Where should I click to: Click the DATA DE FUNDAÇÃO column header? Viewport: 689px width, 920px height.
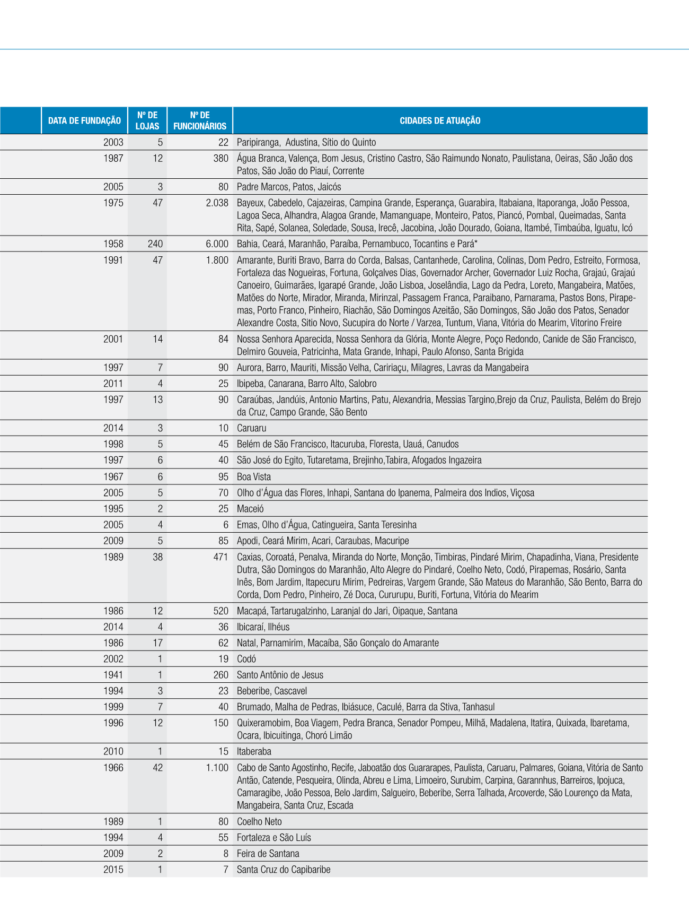pyautogui.click(x=84, y=121)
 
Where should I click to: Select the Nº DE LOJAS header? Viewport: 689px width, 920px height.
pyautogui.click(x=147, y=121)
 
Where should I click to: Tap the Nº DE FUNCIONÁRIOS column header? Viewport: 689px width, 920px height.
pyautogui.click(x=200, y=121)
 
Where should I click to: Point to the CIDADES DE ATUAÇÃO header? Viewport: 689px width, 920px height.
pyautogui.click(x=440, y=121)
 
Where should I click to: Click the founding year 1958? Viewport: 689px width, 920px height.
pyautogui.click(x=113, y=244)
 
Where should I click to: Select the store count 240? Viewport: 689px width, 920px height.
pyautogui.click(x=155, y=244)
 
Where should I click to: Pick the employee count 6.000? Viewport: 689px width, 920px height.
pyautogui.click(x=217, y=244)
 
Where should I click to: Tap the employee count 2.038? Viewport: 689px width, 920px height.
pyautogui.click(x=217, y=203)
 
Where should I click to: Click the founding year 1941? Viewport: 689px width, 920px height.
pyautogui.click(x=113, y=675)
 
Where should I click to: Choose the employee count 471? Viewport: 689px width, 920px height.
pyautogui.click(x=220, y=557)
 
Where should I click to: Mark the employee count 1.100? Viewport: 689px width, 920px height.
pyautogui.click(x=217, y=768)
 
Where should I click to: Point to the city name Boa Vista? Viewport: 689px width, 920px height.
pyautogui.click(x=254, y=476)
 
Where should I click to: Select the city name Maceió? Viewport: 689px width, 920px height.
pyautogui.click(x=250, y=509)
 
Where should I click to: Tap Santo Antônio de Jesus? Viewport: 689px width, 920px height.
pyautogui.click(x=280, y=675)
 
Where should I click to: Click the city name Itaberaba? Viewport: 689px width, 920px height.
pyautogui.click(x=254, y=751)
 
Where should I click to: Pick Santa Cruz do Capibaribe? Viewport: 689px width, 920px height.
pyautogui.click(x=284, y=870)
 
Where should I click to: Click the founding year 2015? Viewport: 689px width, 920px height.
pyautogui.click(x=113, y=870)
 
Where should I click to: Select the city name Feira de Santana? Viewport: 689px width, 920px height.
pyautogui.click(x=268, y=854)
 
